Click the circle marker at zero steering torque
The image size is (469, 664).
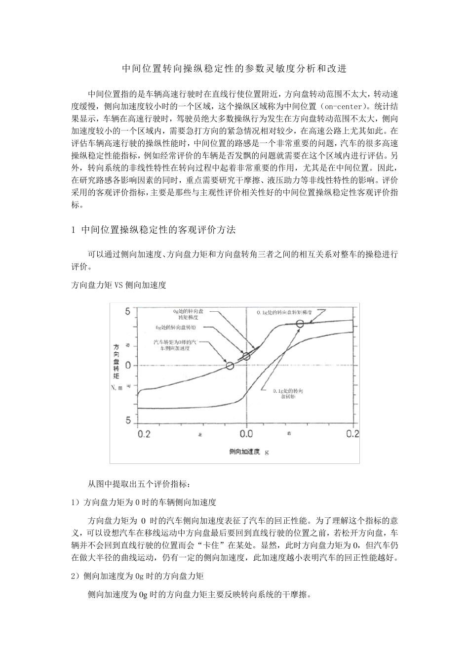(230, 366)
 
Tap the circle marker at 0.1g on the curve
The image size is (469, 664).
(300, 324)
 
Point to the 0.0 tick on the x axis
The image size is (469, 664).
(246, 433)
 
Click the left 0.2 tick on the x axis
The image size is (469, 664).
(143, 433)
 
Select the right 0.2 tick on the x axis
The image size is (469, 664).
(352, 433)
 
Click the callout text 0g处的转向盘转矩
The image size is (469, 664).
(176, 327)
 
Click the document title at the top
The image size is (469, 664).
(234, 69)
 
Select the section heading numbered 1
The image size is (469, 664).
(154, 229)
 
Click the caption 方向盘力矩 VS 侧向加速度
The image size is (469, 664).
(119, 285)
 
